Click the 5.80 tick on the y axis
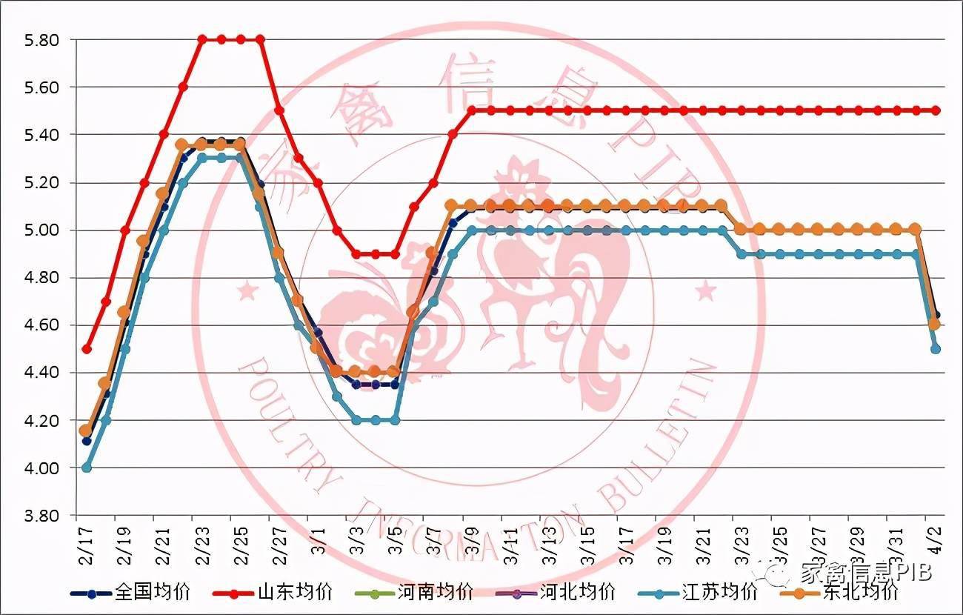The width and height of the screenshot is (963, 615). [x=41, y=39]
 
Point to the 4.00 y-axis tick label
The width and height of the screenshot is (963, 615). [x=41, y=468]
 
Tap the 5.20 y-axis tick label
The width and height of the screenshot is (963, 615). [x=41, y=182]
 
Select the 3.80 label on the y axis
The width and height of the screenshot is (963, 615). [x=41, y=516]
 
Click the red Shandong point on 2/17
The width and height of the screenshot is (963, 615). [x=87, y=349]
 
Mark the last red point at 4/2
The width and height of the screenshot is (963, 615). [x=936, y=110]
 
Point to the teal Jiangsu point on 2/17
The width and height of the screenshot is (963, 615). [x=87, y=468]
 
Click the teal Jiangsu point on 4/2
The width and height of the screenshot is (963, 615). [x=936, y=349]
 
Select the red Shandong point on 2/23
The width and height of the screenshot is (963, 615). [x=202, y=39]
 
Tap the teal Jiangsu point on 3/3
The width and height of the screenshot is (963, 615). [x=356, y=420]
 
